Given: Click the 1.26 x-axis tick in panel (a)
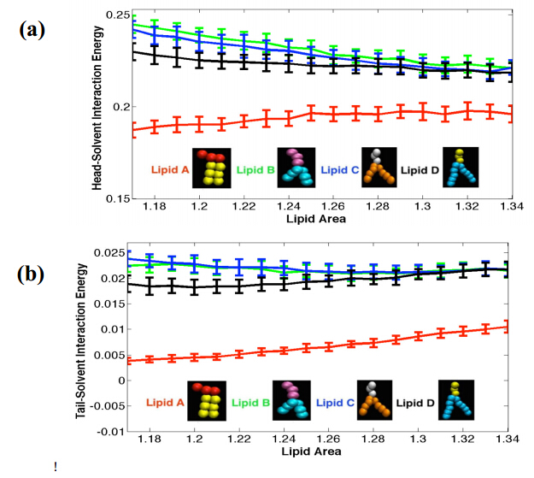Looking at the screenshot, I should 333,208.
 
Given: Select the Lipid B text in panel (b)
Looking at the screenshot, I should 249,401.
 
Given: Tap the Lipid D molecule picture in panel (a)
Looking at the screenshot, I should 461,168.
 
